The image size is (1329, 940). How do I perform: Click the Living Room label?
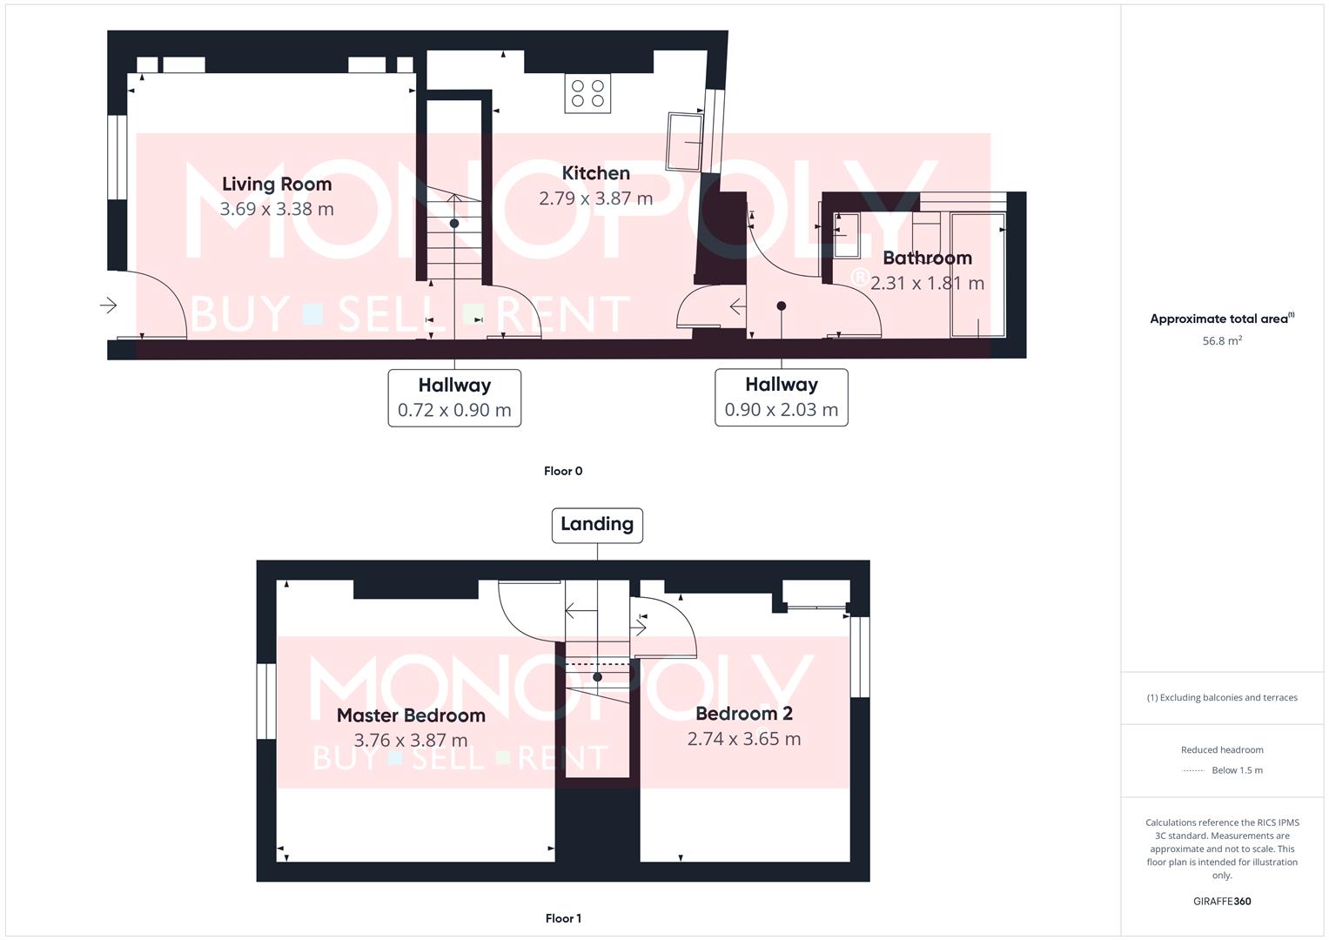tap(277, 184)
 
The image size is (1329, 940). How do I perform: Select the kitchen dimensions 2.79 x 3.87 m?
tap(595, 198)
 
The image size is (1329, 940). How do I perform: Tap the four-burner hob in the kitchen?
tap(587, 93)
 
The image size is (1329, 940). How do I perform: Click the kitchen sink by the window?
tap(686, 141)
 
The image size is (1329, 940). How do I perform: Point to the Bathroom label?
tap(927, 258)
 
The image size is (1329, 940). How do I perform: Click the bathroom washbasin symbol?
tap(846, 235)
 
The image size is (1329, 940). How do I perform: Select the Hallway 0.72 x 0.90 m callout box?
tap(454, 398)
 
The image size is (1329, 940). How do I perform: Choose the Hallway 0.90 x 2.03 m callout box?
tap(781, 398)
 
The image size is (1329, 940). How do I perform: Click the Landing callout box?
tap(597, 525)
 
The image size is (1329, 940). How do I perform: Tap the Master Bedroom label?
tap(411, 715)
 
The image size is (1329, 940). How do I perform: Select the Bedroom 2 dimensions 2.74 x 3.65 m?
tap(744, 739)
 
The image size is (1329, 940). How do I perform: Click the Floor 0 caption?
tap(563, 471)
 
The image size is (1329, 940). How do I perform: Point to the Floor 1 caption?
tap(563, 918)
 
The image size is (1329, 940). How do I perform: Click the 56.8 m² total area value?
tap(1222, 341)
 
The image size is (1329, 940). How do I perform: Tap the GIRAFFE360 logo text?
tap(1222, 901)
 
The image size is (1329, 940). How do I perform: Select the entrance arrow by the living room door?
tap(109, 305)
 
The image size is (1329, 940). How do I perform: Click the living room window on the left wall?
tap(117, 158)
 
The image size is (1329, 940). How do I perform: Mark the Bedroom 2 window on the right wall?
tap(860, 657)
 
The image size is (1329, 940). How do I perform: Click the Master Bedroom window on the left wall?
tap(266, 702)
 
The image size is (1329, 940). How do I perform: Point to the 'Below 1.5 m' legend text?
tap(1237, 770)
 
